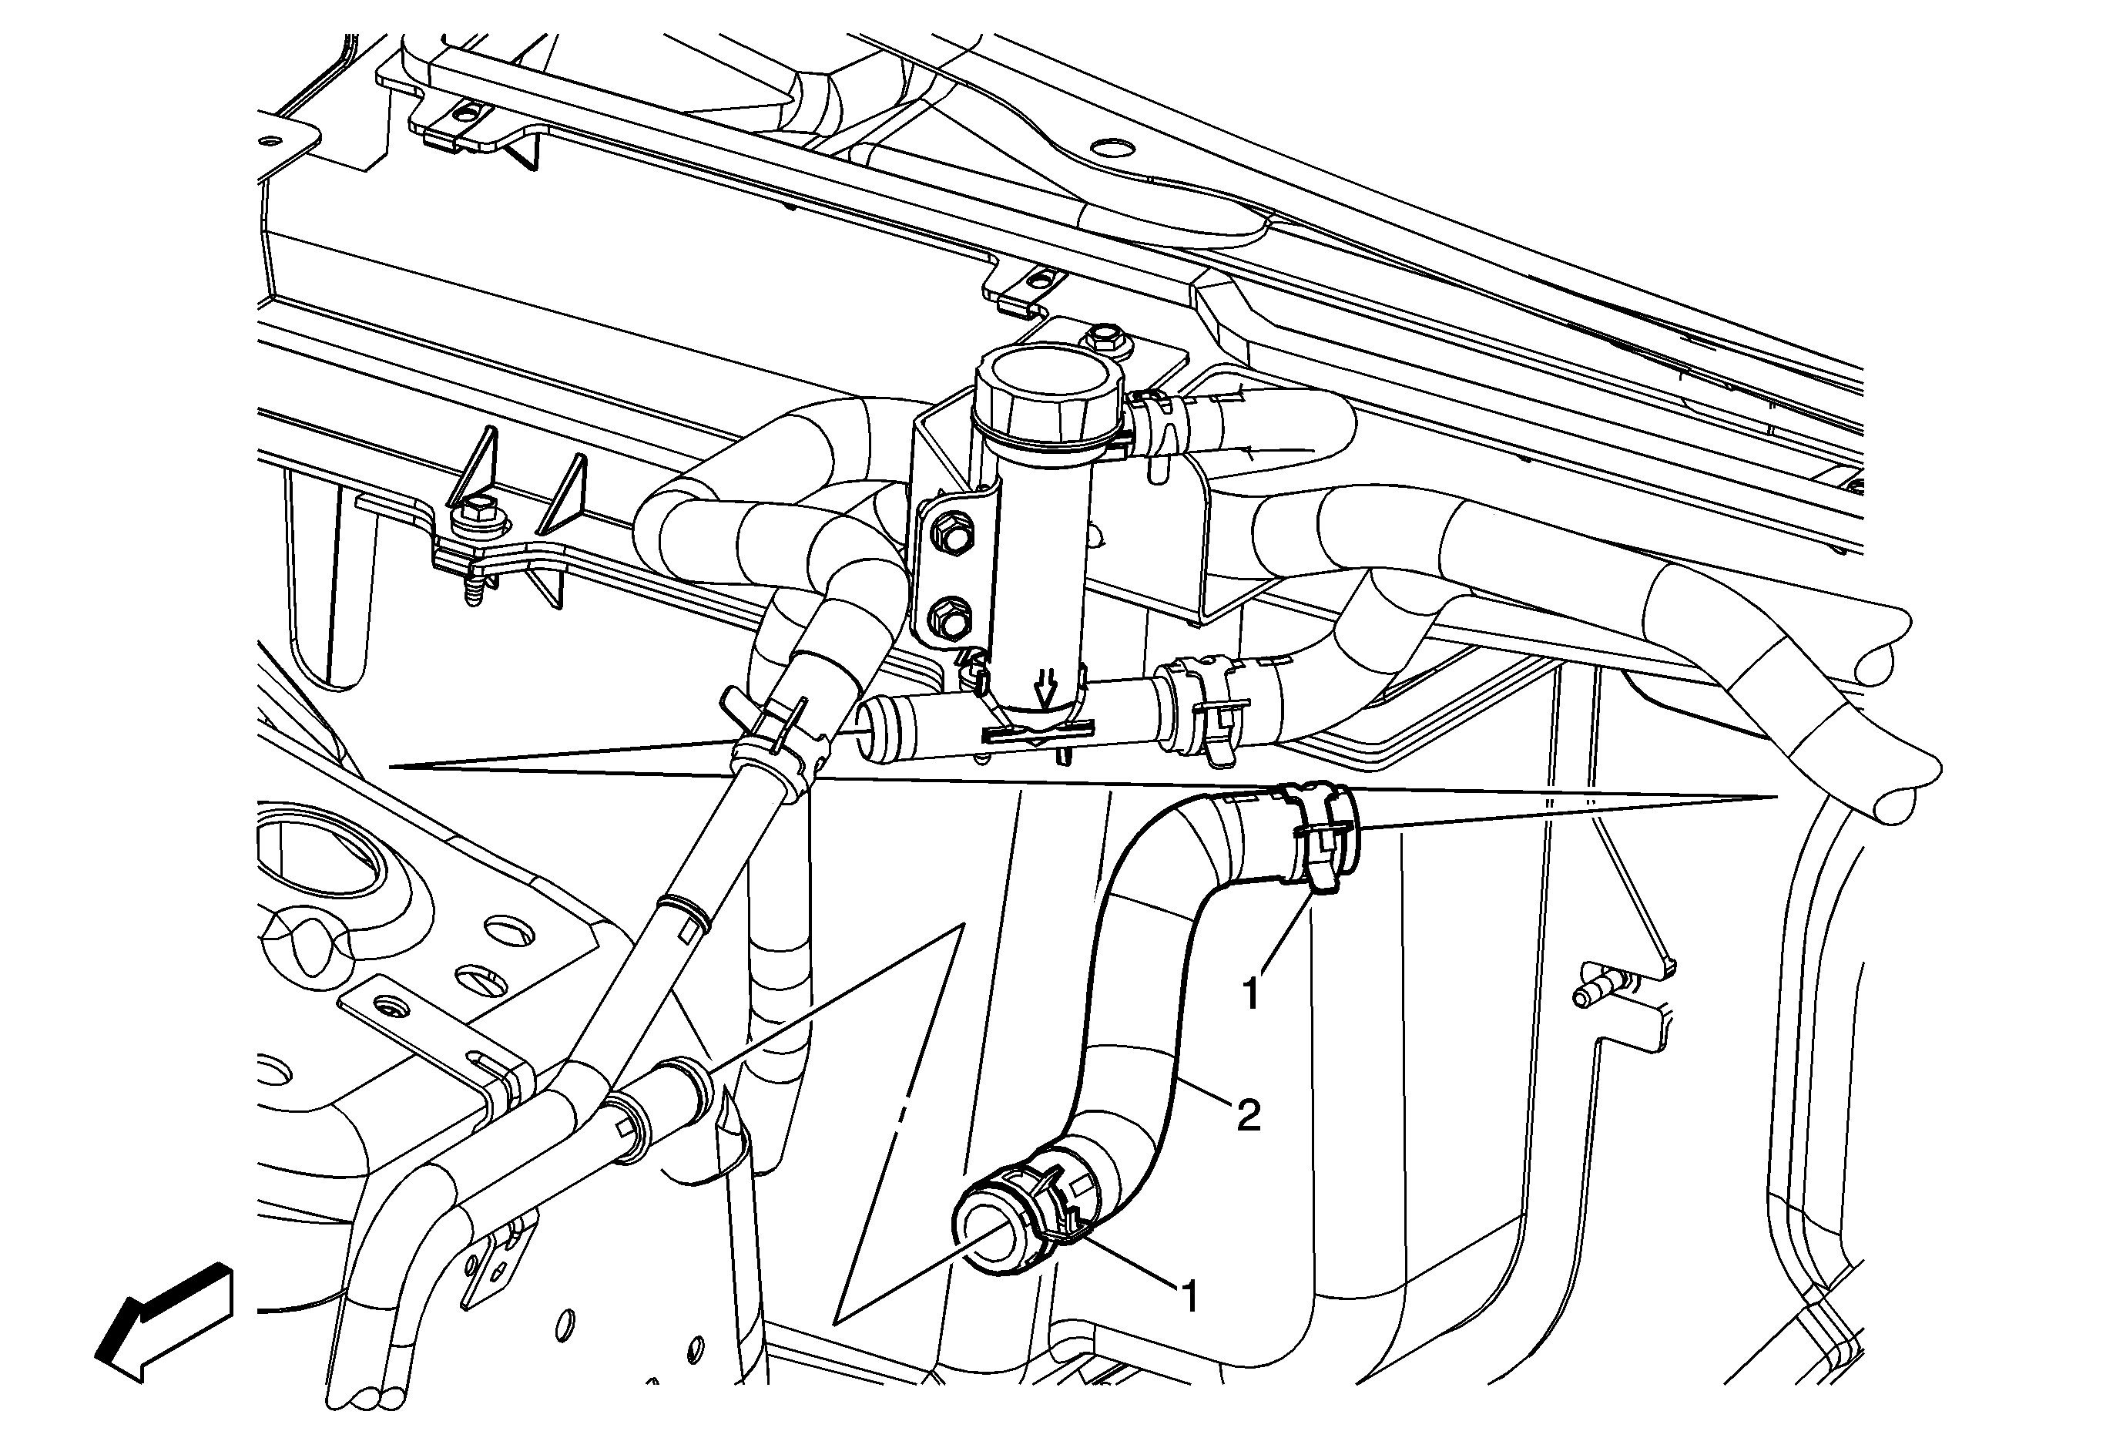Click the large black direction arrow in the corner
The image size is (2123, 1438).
click(x=163, y=1321)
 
